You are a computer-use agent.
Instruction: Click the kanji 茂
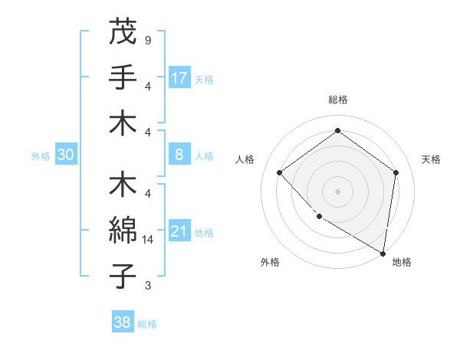pos(122,31)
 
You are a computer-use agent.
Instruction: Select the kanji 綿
pos(122,231)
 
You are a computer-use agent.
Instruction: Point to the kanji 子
pos(122,276)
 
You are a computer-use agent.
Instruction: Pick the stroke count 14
pos(149,239)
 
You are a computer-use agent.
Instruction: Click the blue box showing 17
pos(179,78)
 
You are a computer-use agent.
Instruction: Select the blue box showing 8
pos(179,155)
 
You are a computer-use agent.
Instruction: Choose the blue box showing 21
pos(179,231)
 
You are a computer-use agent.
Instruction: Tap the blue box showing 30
pos(65,155)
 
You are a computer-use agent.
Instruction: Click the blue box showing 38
pos(122,322)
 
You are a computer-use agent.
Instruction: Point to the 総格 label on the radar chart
pos(338,100)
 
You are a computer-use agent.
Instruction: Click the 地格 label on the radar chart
pos(402,263)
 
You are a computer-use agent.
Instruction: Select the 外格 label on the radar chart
pos(270,263)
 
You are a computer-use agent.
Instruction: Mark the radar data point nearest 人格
pos(280,173)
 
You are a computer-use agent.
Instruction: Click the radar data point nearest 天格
pos(396,173)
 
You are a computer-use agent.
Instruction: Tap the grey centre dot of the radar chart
pos(337,191)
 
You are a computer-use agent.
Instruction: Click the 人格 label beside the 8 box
pos(204,156)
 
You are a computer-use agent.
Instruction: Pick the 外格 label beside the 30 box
pos(41,156)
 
